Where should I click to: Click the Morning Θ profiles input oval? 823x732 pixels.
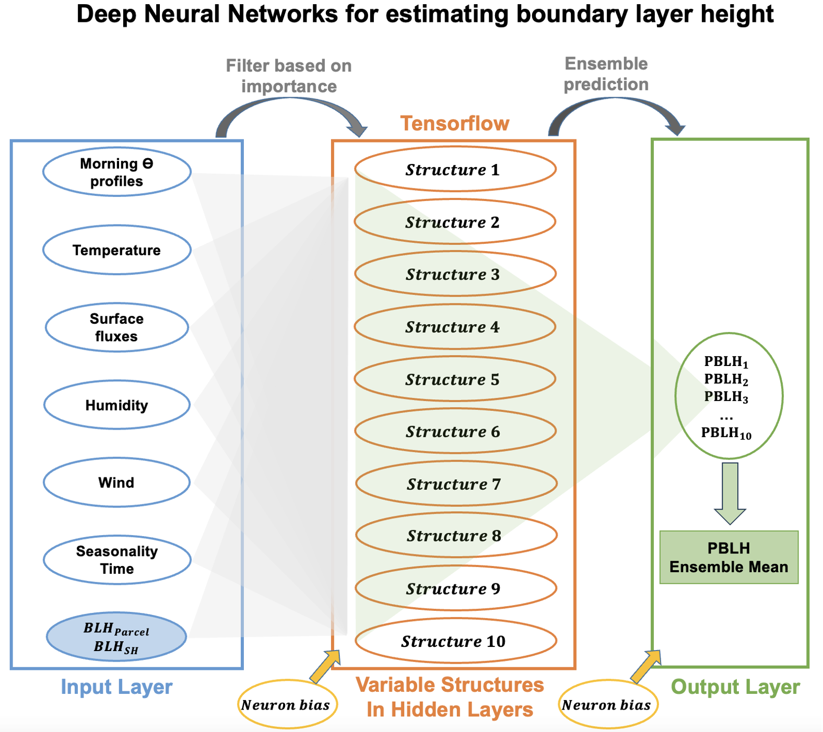116,172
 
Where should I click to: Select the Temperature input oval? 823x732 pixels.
116,250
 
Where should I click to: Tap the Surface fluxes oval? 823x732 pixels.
116,327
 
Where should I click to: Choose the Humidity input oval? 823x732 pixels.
116,405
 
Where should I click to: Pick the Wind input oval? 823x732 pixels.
116,482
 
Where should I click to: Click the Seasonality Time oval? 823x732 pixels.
116,560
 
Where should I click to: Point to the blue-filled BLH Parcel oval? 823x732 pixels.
116,637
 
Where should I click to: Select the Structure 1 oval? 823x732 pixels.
455,170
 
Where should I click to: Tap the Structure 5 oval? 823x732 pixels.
455,379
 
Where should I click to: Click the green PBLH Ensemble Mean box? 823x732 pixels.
728,557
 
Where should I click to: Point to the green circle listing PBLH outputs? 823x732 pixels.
728,396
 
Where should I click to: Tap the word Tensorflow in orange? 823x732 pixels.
454,124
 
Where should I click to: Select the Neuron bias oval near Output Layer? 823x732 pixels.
606,705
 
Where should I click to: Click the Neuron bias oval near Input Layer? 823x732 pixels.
286,705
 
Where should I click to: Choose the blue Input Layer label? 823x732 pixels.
116,687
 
